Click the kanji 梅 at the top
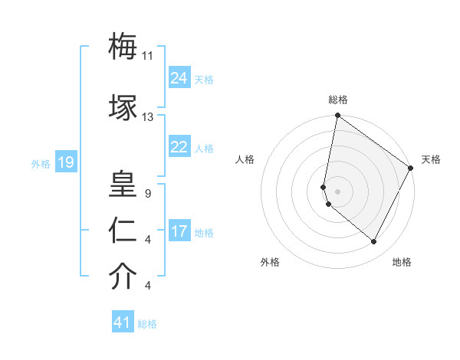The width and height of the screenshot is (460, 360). click(x=123, y=47)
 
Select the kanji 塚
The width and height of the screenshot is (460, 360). click(x=123, y=106)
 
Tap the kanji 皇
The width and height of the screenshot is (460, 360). click(x=123, y=185)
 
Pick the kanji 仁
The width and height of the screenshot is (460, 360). click(x=123, y=231)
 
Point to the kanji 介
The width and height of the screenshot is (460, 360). click(x=123, y=277)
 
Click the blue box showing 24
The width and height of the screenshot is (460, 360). click(x=179, y=77)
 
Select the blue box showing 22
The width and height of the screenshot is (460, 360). click(x=179, y=147)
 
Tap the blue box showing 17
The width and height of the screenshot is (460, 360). click(x=179, y=231)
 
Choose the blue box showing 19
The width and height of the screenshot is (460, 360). click(x=65, y=162)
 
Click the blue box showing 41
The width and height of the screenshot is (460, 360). click(x=123, y=322)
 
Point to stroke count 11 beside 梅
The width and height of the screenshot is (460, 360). click(x=148, y=56)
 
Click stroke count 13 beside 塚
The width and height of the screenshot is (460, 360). click(x=148, y=116)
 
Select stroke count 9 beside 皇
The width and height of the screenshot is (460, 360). click(x=147, y=194)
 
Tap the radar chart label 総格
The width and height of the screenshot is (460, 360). click(x=338, y=100)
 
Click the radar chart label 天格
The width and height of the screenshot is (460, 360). click(x=431, y=159)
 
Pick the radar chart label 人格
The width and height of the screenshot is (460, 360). click(x=245, y=159)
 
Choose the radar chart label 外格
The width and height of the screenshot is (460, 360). click(x=270, y=262)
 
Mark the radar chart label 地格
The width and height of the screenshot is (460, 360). click(x=402, y=262)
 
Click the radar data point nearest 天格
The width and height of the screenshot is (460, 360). click(x=412, y=169)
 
